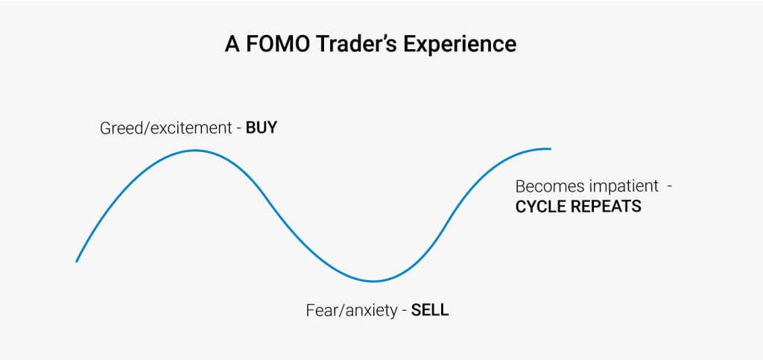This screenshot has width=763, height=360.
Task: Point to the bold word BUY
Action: [x=261, y=127]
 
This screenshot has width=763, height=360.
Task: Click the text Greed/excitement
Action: [x=166, y=128]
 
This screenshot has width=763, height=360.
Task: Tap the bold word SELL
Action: [x=430, y=310]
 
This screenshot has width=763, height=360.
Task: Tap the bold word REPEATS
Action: [x=606, y=206]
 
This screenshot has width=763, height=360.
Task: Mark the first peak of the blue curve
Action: [x=194, y=151]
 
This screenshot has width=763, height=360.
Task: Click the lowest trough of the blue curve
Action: [x=373, y=281]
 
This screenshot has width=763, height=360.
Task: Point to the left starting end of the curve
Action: [x=77, y=261]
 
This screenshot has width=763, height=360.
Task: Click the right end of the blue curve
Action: [x=550, y=149]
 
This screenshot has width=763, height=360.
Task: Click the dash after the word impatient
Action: [x=670, y=186]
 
